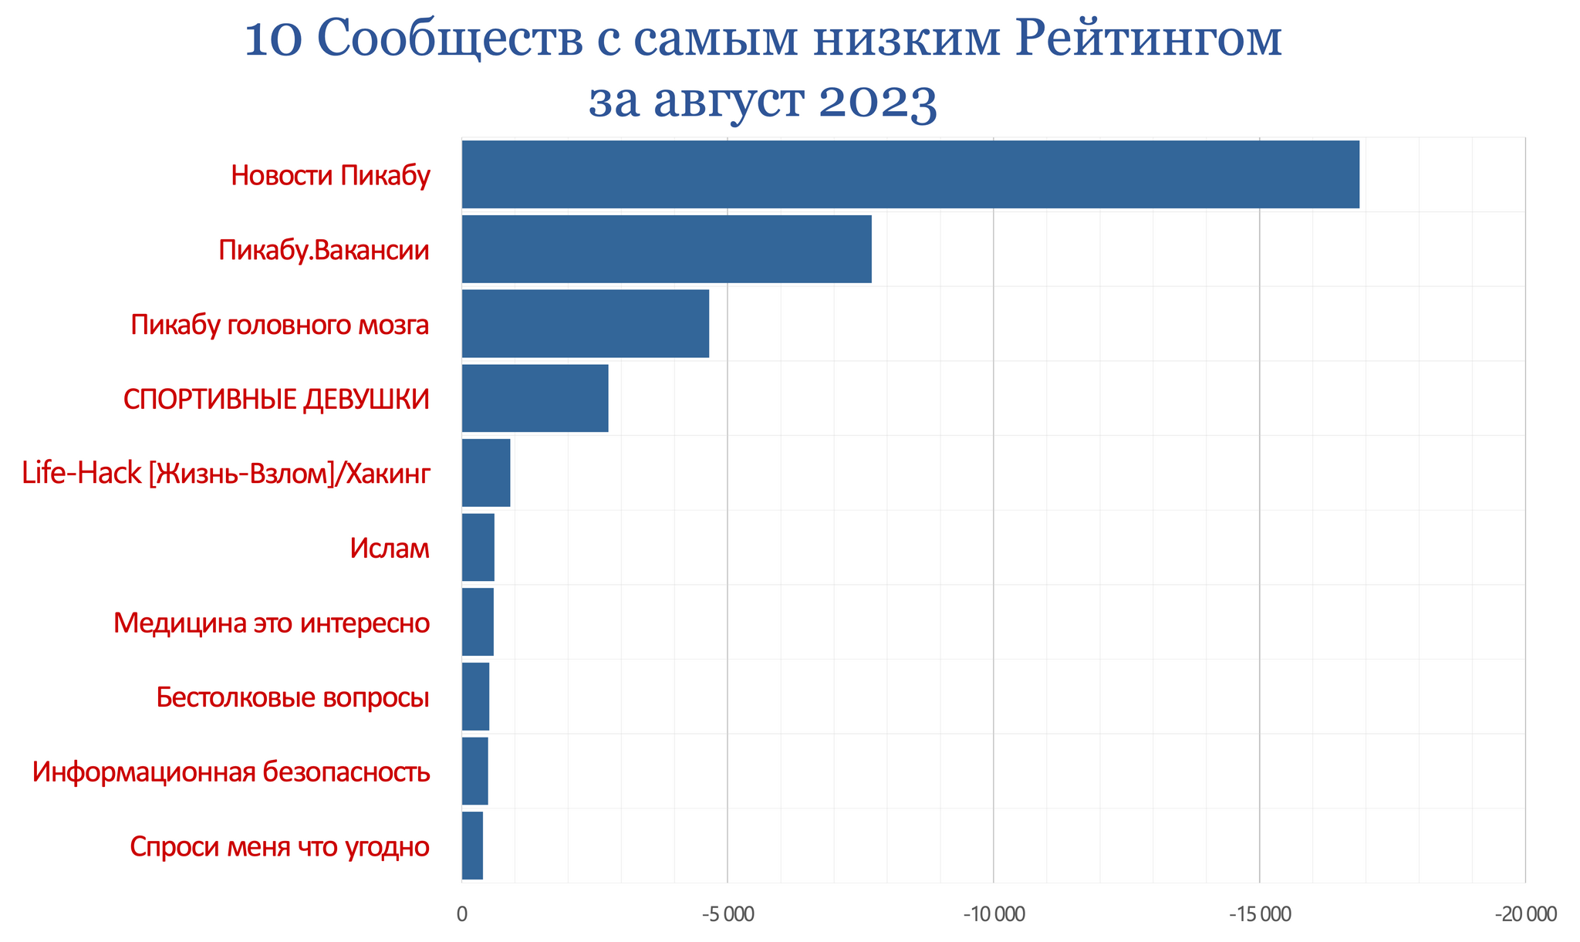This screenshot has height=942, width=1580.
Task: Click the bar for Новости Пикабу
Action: coord(910,174)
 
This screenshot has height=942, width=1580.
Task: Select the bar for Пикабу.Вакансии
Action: coord(667,249)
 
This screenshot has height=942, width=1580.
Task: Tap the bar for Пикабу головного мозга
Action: coord(586,324)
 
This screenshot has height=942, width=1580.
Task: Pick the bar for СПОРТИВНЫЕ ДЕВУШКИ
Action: coord(535,398)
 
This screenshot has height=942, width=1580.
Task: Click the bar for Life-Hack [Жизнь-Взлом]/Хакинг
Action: coord(486,473)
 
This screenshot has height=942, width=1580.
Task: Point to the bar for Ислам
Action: coord(478,547)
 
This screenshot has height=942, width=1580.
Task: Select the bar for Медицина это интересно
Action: coord(478,622)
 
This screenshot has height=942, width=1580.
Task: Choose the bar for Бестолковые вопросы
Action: coord(475,696)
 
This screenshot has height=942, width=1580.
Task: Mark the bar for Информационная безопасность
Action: coord(475,771)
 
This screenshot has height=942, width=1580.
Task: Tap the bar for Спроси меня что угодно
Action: coord(472,846)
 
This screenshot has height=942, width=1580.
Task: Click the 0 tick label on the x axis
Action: coord(462,915)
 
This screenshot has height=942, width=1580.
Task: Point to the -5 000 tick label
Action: coord(728,915)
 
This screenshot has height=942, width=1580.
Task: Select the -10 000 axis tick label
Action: coord(994,915)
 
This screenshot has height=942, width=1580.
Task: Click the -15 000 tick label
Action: coord(1259,915)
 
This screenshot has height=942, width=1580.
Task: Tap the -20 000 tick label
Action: coord(1525,915)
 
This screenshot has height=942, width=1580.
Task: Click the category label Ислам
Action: coord(389,549)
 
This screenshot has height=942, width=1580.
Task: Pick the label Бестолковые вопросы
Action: coord(292,697)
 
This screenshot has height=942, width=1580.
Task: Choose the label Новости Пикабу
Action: coord(330,176)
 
